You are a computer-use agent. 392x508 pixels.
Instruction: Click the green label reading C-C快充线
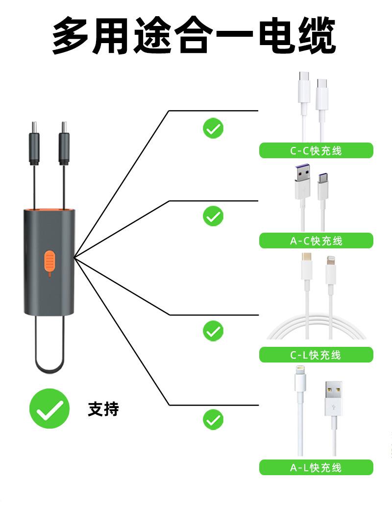click(x=316, y=150)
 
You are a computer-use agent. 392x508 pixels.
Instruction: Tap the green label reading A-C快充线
click(x=316, y=241)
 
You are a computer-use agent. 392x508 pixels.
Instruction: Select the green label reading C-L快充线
click(x=316, y=355)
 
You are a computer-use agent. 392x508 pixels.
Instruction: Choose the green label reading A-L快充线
click(x=316, y=467)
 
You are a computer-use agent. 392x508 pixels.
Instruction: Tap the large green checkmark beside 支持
click(x=49, y=409)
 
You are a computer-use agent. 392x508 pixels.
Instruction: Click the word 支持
click(x=103, y=409)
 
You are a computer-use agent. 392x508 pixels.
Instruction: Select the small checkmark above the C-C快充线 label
click(x=213, y=128)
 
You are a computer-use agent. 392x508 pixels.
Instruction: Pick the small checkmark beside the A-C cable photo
click(x=213, y=216)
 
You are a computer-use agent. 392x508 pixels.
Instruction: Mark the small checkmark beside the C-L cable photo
click(x=213, y=332)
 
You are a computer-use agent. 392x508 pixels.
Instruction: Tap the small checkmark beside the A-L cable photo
click(x=213, y=420)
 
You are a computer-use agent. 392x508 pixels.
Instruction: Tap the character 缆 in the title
click(x=316, y=36)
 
